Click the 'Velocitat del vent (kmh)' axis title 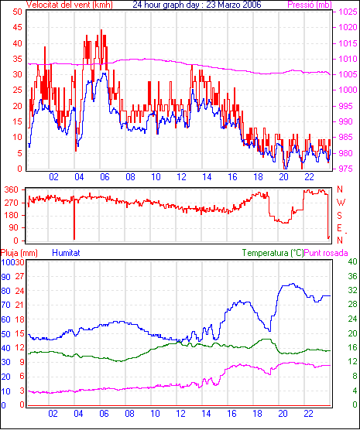click(x=70, y=5)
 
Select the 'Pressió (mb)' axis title click(x=310, y=5)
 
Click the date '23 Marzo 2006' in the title click(x=234, y=5)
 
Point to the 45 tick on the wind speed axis click(x=18, y=27)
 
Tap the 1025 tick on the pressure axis click(x=348, y=12)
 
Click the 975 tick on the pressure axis click(x=348, y=169)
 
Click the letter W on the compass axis click(x=341, y=203)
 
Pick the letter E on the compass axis click(x=339, y=228)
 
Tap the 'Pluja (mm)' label click(x=19, y=253)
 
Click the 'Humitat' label click(x=66, y=253)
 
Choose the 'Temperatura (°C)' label click(x=273, y=253)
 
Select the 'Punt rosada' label click(x=326, y=253)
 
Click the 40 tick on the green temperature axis click(x=352, y=261)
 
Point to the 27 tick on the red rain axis click(x=19, y=276)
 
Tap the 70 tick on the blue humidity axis click(x=5, y=305)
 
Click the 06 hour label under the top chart click(x=105, y=177)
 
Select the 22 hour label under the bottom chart click(x=308, y=414)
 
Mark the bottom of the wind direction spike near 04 click(x=74, y=239)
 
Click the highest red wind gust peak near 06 click(x=101, y=30)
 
